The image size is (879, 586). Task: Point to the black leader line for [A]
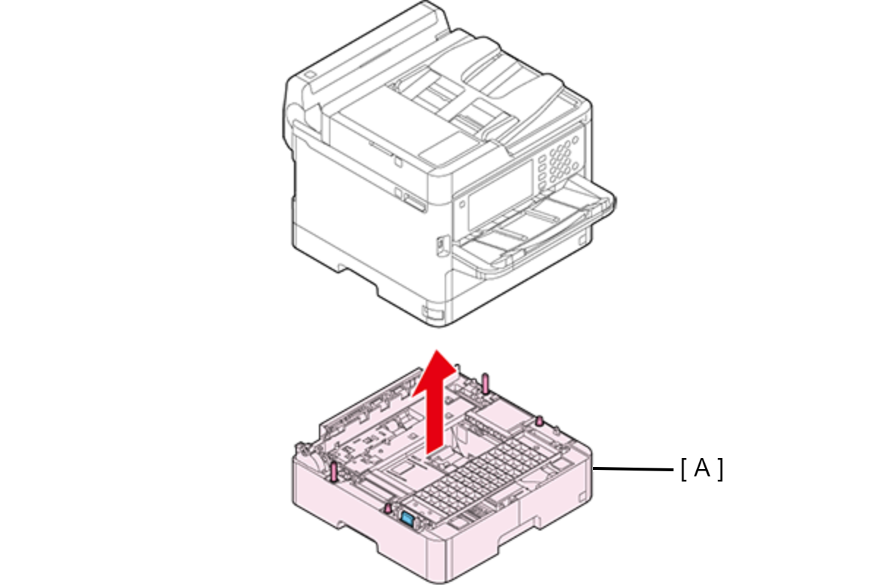[633, 468]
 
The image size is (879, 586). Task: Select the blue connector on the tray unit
[407, 519]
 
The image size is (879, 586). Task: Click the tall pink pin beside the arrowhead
[486, 384]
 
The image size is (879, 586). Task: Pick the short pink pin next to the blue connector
[388, 508]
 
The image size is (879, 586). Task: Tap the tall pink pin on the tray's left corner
[334, 471]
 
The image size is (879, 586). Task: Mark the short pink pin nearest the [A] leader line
[540, 421]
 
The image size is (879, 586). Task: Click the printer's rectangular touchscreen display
[500, 195]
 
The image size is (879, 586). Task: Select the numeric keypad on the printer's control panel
[559, 161]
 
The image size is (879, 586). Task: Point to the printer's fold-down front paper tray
[535, 227]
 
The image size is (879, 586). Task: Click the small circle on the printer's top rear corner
[309, 75]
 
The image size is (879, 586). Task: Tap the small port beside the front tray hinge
[442, 246]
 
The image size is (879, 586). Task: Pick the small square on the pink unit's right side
[582, 497]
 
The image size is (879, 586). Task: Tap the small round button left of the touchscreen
[462, 204]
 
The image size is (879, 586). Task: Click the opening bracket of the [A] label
[683, 469]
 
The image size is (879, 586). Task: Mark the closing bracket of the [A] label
[720, 469]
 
